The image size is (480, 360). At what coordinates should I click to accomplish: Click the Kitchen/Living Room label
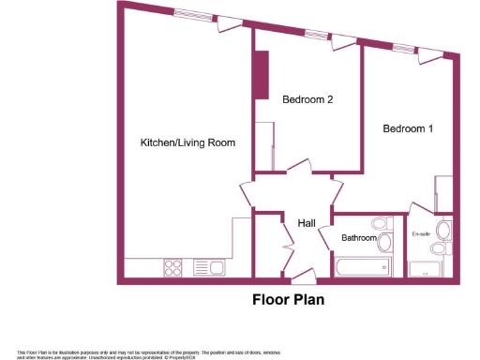(187, 142)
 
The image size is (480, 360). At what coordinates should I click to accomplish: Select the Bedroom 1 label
(407, 129)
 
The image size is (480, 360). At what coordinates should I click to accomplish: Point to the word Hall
(306, 223)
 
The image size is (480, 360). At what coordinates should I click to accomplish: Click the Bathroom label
(358, 239)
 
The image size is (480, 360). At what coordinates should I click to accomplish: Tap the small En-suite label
(421, 233)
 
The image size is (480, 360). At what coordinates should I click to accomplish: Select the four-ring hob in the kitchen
(173, 267)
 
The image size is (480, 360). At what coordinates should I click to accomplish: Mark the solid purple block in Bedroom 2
(260, 73)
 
